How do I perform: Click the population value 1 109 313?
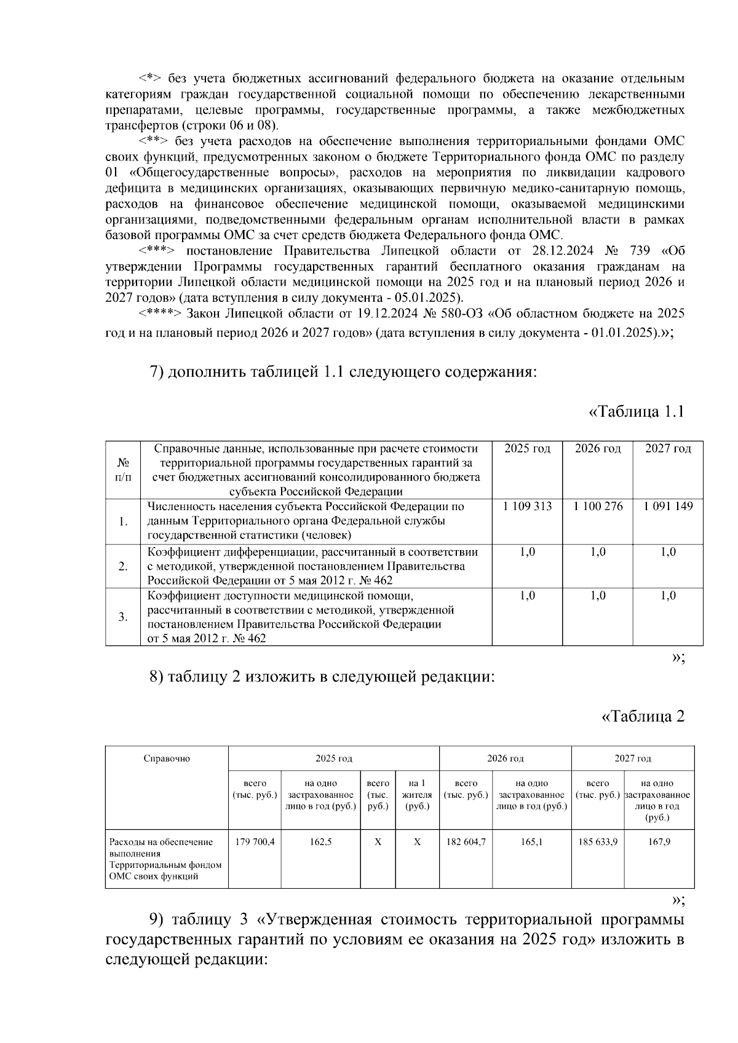[527, 506]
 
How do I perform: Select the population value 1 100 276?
[598, 506]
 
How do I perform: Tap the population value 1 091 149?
[668, 506]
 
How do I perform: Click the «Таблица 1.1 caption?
[637, 412]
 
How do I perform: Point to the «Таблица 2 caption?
[643, 716]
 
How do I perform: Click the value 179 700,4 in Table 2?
[255, 842]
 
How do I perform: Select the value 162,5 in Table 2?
[321, 842]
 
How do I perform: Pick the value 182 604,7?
[466, 842]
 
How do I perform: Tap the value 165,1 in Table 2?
[531, 842]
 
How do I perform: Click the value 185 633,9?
[598, 842]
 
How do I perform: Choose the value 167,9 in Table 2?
[659, 842]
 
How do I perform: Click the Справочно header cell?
[167, 758]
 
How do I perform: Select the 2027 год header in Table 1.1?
[668, 449]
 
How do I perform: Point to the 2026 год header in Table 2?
[506, 758]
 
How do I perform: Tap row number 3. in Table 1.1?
[123, 617]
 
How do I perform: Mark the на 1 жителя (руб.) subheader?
[417, 795]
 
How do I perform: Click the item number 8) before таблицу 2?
[157, 677]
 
